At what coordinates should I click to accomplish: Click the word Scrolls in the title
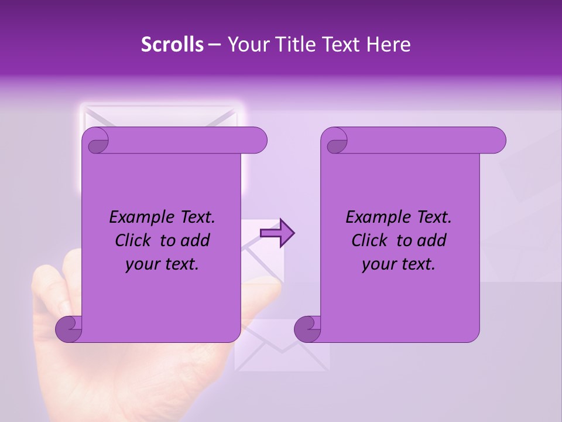pyautogui.click(x=173, y=45)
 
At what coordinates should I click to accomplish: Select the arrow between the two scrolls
pyautogui.click(x=277, y=233)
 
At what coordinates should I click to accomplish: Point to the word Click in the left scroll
pyautogui.click(x=134, y=241)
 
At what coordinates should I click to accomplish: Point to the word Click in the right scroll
pyautogui.click(x=370, y=241)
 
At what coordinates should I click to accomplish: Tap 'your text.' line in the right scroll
pyautogui.click(x=398, y=264)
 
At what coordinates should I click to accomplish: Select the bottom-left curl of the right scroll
pyautogui.click(x=307, y=329)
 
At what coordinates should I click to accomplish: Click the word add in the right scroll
pyautogui.click(x=432, y=241)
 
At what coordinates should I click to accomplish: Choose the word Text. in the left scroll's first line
pyautogui.click(x=196, y=217)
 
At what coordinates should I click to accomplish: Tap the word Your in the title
pyautogui.click(x=244, y=45)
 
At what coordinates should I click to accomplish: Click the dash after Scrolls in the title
pyautogui.click(x=214, y=45)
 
